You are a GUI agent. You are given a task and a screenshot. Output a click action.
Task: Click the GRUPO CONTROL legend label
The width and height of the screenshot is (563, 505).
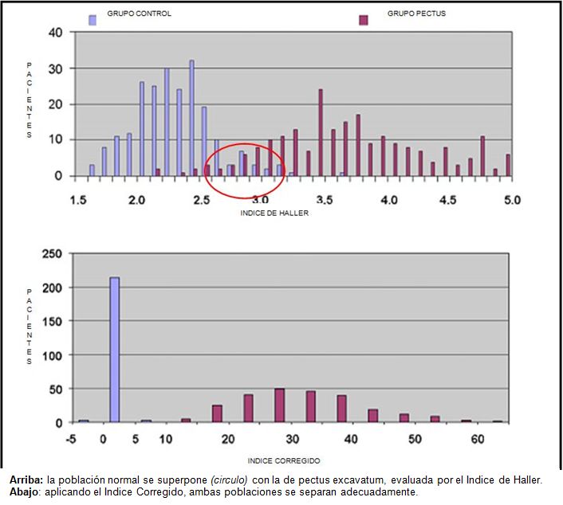click(139, 14)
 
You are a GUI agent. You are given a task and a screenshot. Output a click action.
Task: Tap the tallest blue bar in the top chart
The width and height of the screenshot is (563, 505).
click(191, 118)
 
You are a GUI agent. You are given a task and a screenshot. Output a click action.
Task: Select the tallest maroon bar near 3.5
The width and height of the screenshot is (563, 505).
click(321, 132)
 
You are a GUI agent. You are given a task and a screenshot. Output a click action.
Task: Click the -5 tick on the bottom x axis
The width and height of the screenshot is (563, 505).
click(72, 439)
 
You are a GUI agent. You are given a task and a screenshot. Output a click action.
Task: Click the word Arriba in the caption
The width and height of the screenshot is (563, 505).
click(26, 480)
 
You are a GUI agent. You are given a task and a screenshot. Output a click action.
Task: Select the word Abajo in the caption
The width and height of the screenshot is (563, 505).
click(25, 491)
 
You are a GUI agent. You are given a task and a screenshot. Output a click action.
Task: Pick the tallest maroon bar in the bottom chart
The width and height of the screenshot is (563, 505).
click(279, 405)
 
